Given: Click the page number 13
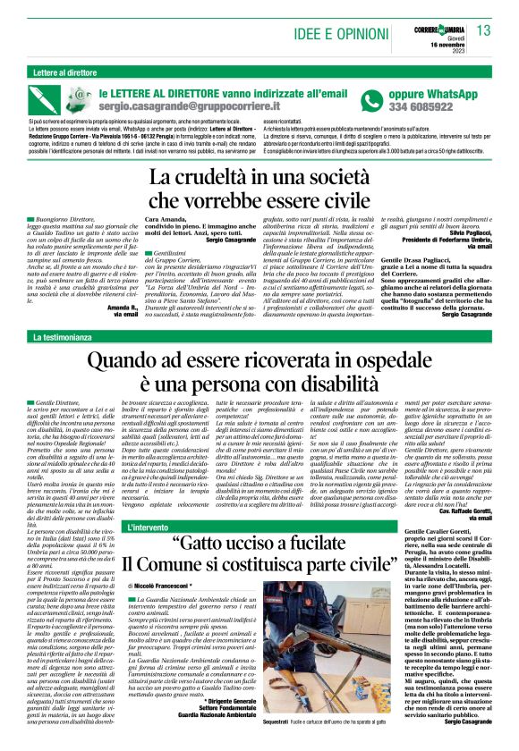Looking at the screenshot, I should point(484,31).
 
